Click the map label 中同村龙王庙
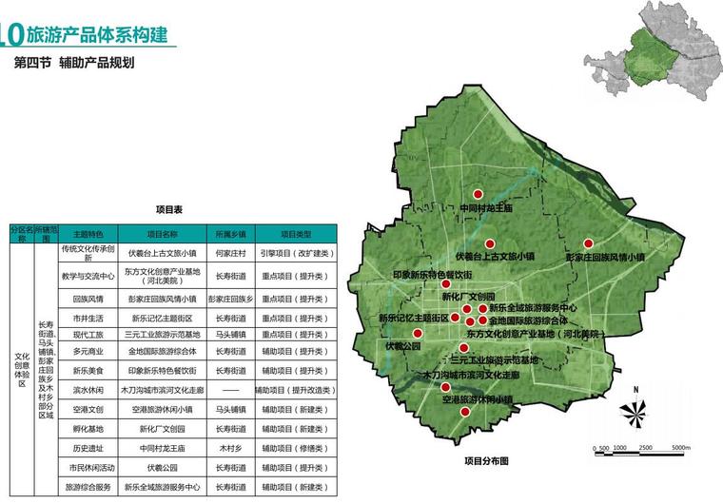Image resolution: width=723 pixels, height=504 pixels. (x=485, y=207)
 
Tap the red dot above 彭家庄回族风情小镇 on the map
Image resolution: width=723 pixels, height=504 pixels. (x=589, y=242)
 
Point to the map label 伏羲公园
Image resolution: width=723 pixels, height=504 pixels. (x=402, y=346)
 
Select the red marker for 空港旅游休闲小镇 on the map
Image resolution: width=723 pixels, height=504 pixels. (x=464, y=412)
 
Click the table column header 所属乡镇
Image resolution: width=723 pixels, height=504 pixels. (x=230, y=233)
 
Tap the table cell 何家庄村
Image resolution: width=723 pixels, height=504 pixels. (x=230, y=254)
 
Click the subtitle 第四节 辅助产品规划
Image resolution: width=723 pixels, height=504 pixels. (x=74, y=65)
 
